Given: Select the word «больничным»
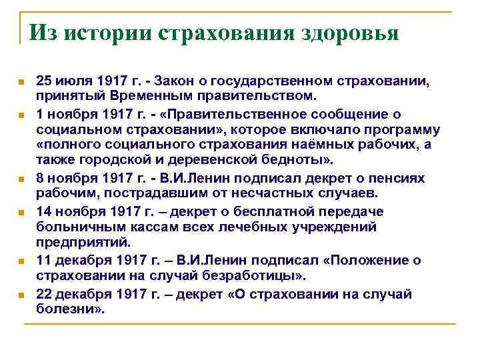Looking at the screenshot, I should [x=74, y=227].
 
